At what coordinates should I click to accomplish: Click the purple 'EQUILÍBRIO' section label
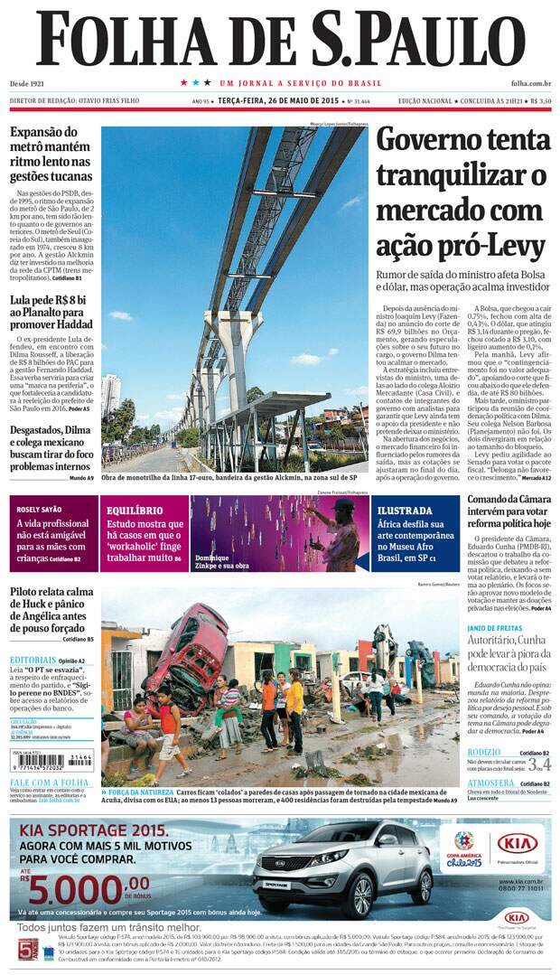coord(134,510)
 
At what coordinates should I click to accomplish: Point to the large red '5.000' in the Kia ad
coord(90,889)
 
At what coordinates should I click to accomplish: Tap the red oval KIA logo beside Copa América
coord(518,843)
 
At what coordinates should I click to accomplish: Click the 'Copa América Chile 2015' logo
coord(464,847)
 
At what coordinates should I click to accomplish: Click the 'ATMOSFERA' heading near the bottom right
coord(493,783)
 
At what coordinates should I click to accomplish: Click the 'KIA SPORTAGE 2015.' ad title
coord(91,830)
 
